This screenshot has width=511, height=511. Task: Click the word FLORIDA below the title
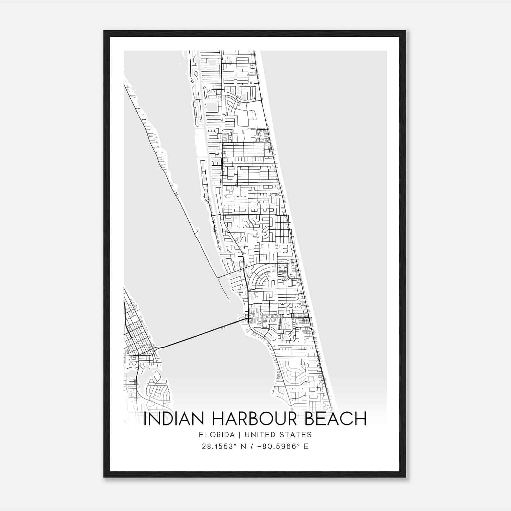pos(215,435)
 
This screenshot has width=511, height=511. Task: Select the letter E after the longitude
pos(306,446)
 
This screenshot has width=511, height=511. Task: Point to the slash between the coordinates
pos(253,446)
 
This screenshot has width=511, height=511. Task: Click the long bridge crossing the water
pos(201,334)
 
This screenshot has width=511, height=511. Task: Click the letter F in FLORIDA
pos(201,435)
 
